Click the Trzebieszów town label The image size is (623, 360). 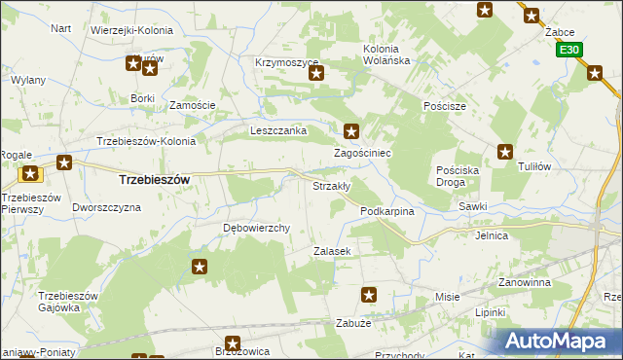(x=153, y=180)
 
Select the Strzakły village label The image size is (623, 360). (x=331, y=186)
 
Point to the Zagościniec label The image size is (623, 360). (x=362, y=154)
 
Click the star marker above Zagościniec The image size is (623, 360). (x=352, y=130)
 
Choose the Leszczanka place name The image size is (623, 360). (x=278, y=130)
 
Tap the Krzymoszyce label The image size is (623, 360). (x=287, y=62)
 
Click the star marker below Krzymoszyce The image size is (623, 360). (x=315, y=73)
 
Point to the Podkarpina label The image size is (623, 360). (x=387, y=211)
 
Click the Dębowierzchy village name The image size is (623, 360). (x=258, y=229)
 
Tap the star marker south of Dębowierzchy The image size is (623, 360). (x=200, y=267)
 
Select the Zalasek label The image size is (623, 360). (x=331, y=251)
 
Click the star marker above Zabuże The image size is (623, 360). (x=369, y=294)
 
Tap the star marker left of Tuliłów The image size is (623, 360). (x=505, y=151)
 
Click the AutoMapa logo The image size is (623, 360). (x=559, y=341)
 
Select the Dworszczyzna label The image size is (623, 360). (x=107, y=207)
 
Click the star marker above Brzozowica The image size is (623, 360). (x=233, y=342)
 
